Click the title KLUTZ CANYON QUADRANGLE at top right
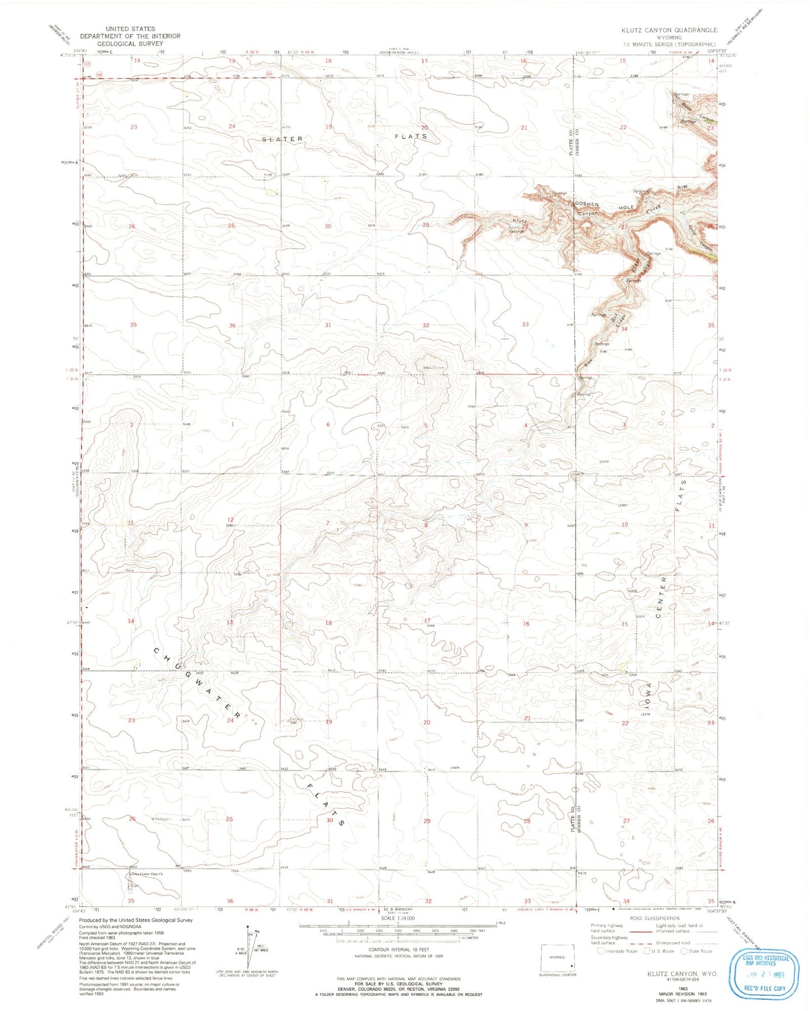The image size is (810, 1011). click(669, 30)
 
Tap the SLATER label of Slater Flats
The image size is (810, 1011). click(283, 138)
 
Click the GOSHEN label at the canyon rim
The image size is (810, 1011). click(586, 204)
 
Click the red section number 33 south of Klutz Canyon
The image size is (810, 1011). click(525, 324)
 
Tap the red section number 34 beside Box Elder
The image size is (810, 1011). click(623, 329)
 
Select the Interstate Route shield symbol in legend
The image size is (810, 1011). click(601, 951)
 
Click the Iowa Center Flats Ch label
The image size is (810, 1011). click(147, 874)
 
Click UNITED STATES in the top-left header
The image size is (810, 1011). click(131, 29)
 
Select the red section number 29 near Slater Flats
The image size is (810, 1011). click(425, 225)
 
